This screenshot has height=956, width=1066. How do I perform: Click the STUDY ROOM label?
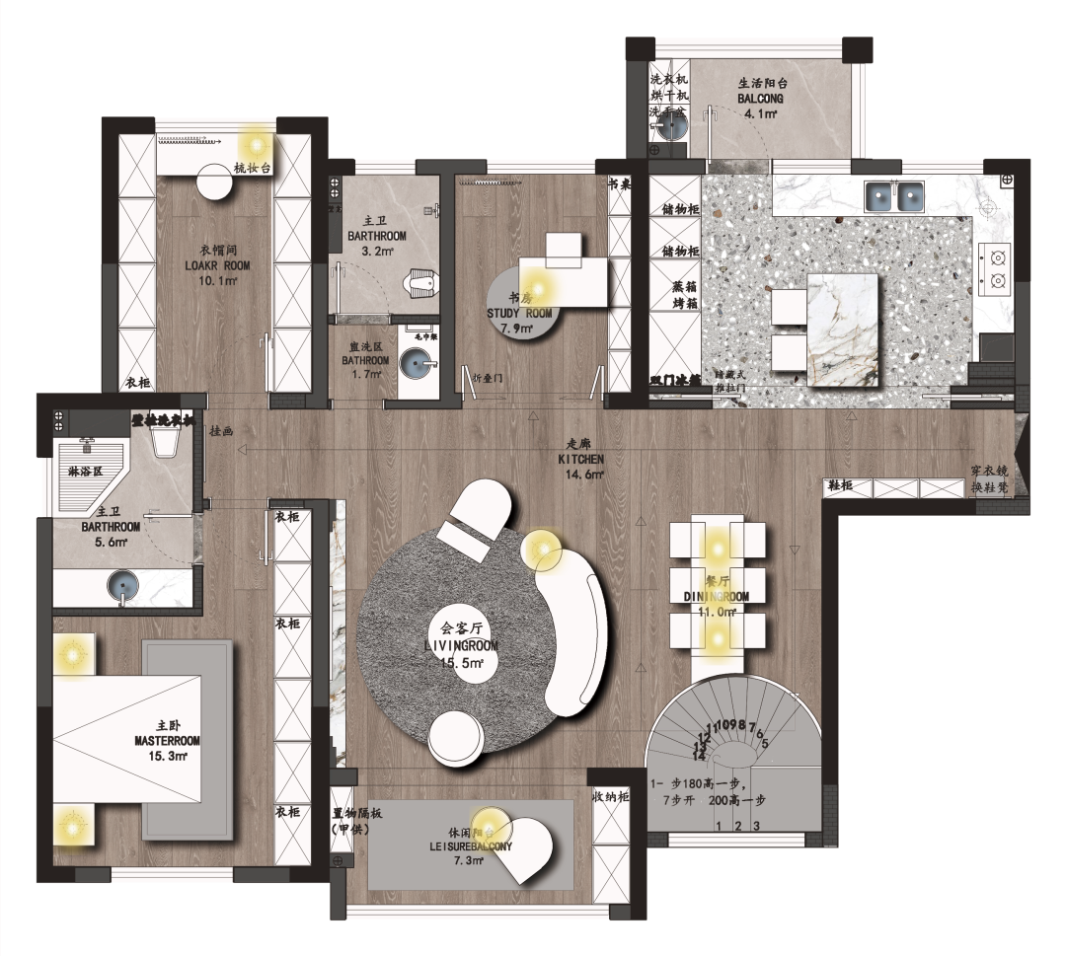pyautogui.click(x=521, y=314)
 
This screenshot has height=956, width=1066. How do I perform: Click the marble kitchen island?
pyautogui.click(x=842, y=331)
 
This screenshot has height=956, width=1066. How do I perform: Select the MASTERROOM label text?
pyautogui.click(x=167, y=740)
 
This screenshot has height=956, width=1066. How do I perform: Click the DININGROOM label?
pyautogui.click(x=717, y=597)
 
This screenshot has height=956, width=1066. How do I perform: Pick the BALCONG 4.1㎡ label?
pyautogui.click(x=760, y=100)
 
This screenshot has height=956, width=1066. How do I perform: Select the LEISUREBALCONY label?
pyautogui.click(x=471, y=846)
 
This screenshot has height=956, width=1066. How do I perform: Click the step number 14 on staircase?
pyautogui.click(x=700, y=755)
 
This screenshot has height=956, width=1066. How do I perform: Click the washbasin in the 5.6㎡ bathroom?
pyautogui.click(x=124, y=585)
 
